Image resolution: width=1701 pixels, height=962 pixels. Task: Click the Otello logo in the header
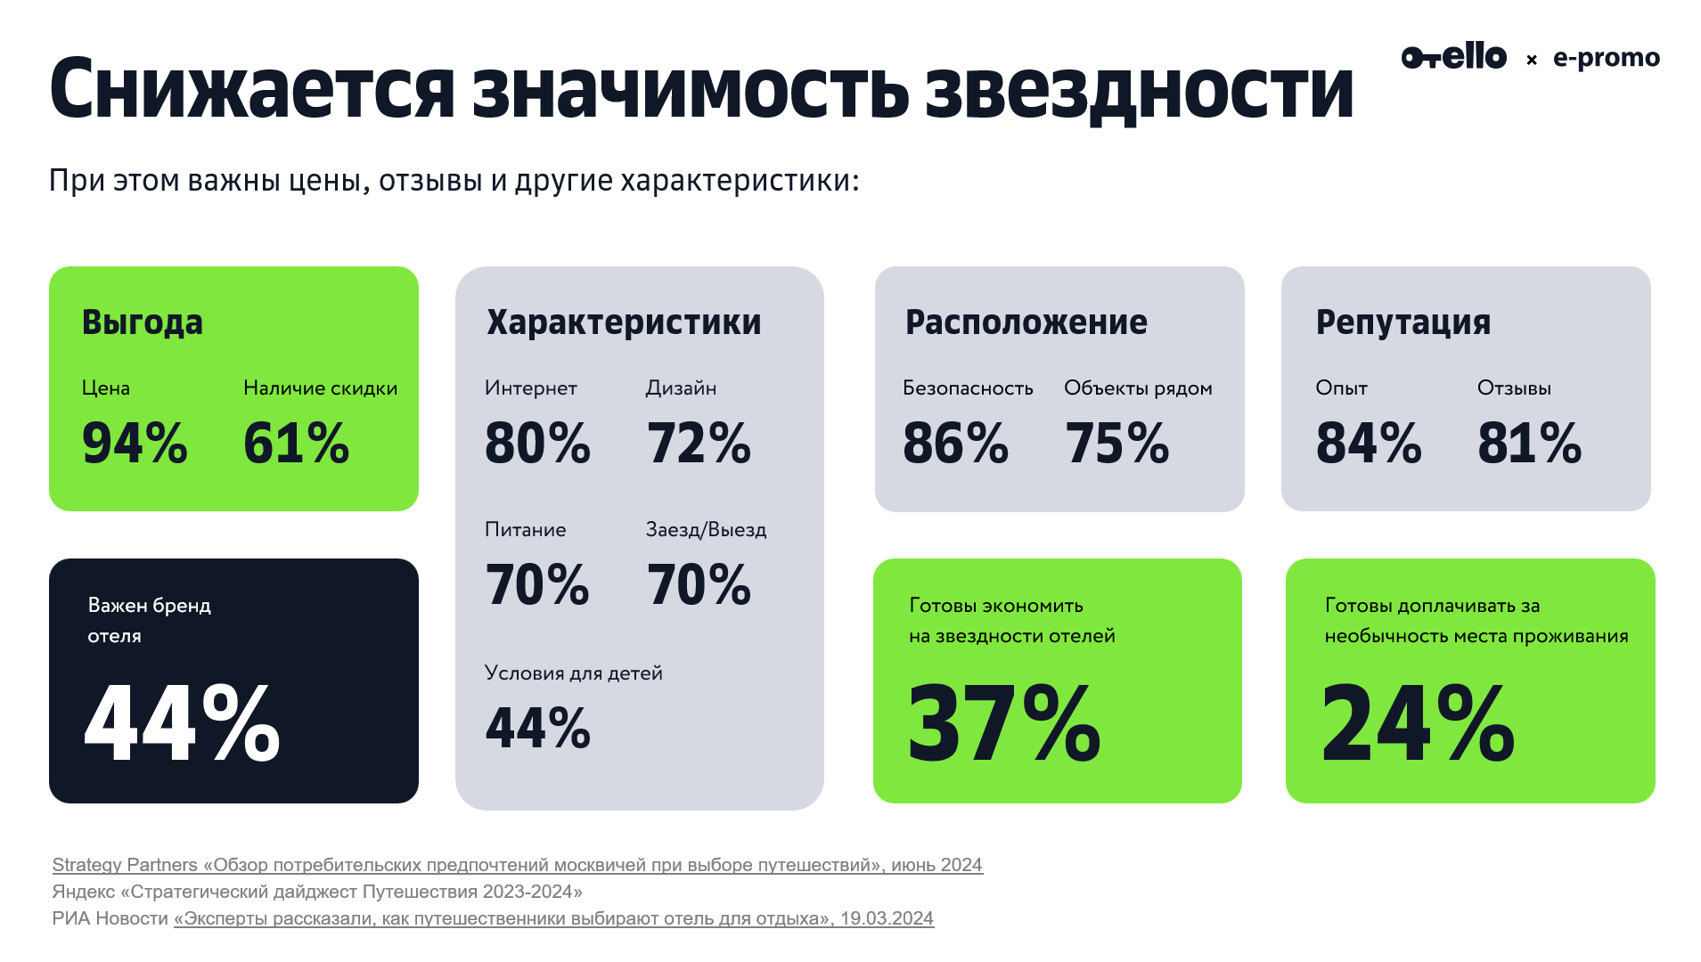[1453, 57]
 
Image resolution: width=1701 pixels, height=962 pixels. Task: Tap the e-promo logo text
[1606, 58]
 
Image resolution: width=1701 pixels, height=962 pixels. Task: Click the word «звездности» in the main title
[1139, 89]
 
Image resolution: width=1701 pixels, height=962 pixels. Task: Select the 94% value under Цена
[135, 443]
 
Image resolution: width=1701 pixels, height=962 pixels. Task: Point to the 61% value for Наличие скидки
[296, 443]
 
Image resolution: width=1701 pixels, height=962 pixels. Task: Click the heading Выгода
[143, 322]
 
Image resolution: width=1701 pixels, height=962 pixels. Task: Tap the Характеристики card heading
[624, 322]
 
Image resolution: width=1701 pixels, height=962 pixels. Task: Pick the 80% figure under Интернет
[537, 443]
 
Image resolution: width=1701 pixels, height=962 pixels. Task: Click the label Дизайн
[681, 388]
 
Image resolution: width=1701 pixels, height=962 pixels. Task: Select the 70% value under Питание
[537, 585]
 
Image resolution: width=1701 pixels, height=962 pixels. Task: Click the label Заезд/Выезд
[706, 530]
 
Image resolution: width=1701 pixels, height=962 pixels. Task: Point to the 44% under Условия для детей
[537, 728]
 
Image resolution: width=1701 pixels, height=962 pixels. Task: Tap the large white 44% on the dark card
[182, 722]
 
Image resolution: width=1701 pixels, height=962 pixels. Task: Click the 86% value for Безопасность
[955, 443]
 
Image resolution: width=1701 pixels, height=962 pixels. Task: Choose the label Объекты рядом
[1138, 388]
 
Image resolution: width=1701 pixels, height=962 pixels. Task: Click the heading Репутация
[1403, 322]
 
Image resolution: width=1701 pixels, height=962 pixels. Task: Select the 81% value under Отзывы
[1529, 443]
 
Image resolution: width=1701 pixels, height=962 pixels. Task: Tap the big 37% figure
[1004, 722]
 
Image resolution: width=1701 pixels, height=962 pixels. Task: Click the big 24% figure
[1418, 722]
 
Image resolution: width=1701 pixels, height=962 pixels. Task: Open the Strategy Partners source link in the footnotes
[517, 865]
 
